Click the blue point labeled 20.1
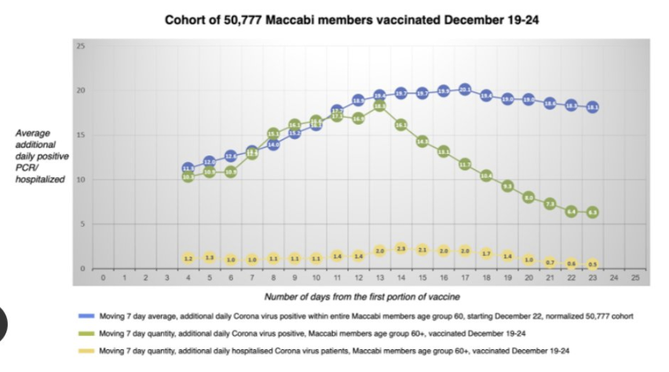[x=465, y=90]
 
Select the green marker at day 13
[x=379, y=105]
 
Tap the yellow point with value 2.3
[x=400, y=249]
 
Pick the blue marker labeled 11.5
[x=188, y=168]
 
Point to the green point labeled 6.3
[x=593, y=212]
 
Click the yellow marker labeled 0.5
[x=593, y=264]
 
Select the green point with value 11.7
[x=465, y=164]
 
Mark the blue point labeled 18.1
[x=593, y=108]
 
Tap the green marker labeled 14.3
[x=422, y=141]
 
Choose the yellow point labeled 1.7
[x=486, y=253]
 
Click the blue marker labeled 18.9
[x=358, y=100]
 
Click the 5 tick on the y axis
[x=82, y=224]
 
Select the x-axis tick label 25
[x=635, y=278]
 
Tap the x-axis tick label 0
[x=102, y=278]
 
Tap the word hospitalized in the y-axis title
[x=40, y=180]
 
